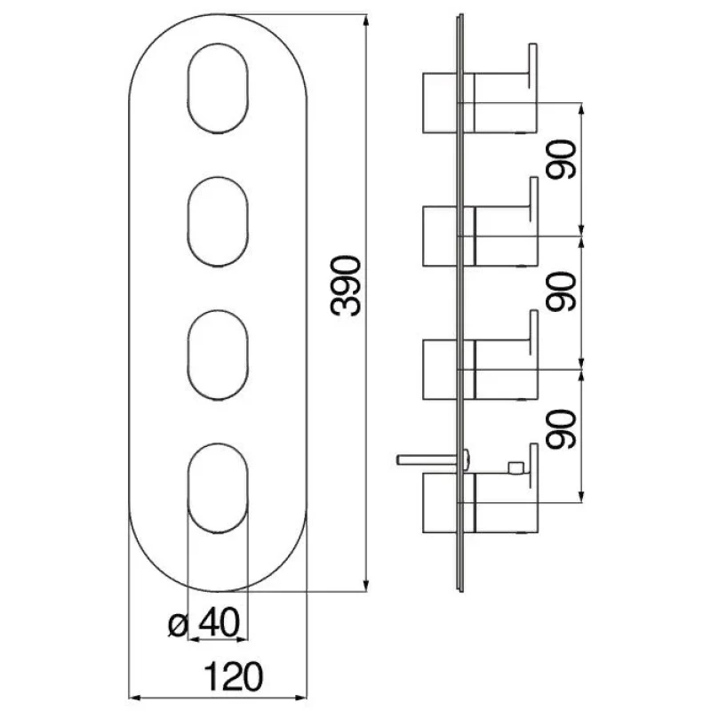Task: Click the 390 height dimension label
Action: [x=346, y=285]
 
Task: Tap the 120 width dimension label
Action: [x=234, y=676]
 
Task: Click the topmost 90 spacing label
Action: [x=561, y=160]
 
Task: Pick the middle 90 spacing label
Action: [x=561, y=292]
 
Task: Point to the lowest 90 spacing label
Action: [x=561, y=429]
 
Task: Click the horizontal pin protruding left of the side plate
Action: [x=427, y=459]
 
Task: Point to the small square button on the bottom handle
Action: [x=516, y=467]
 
